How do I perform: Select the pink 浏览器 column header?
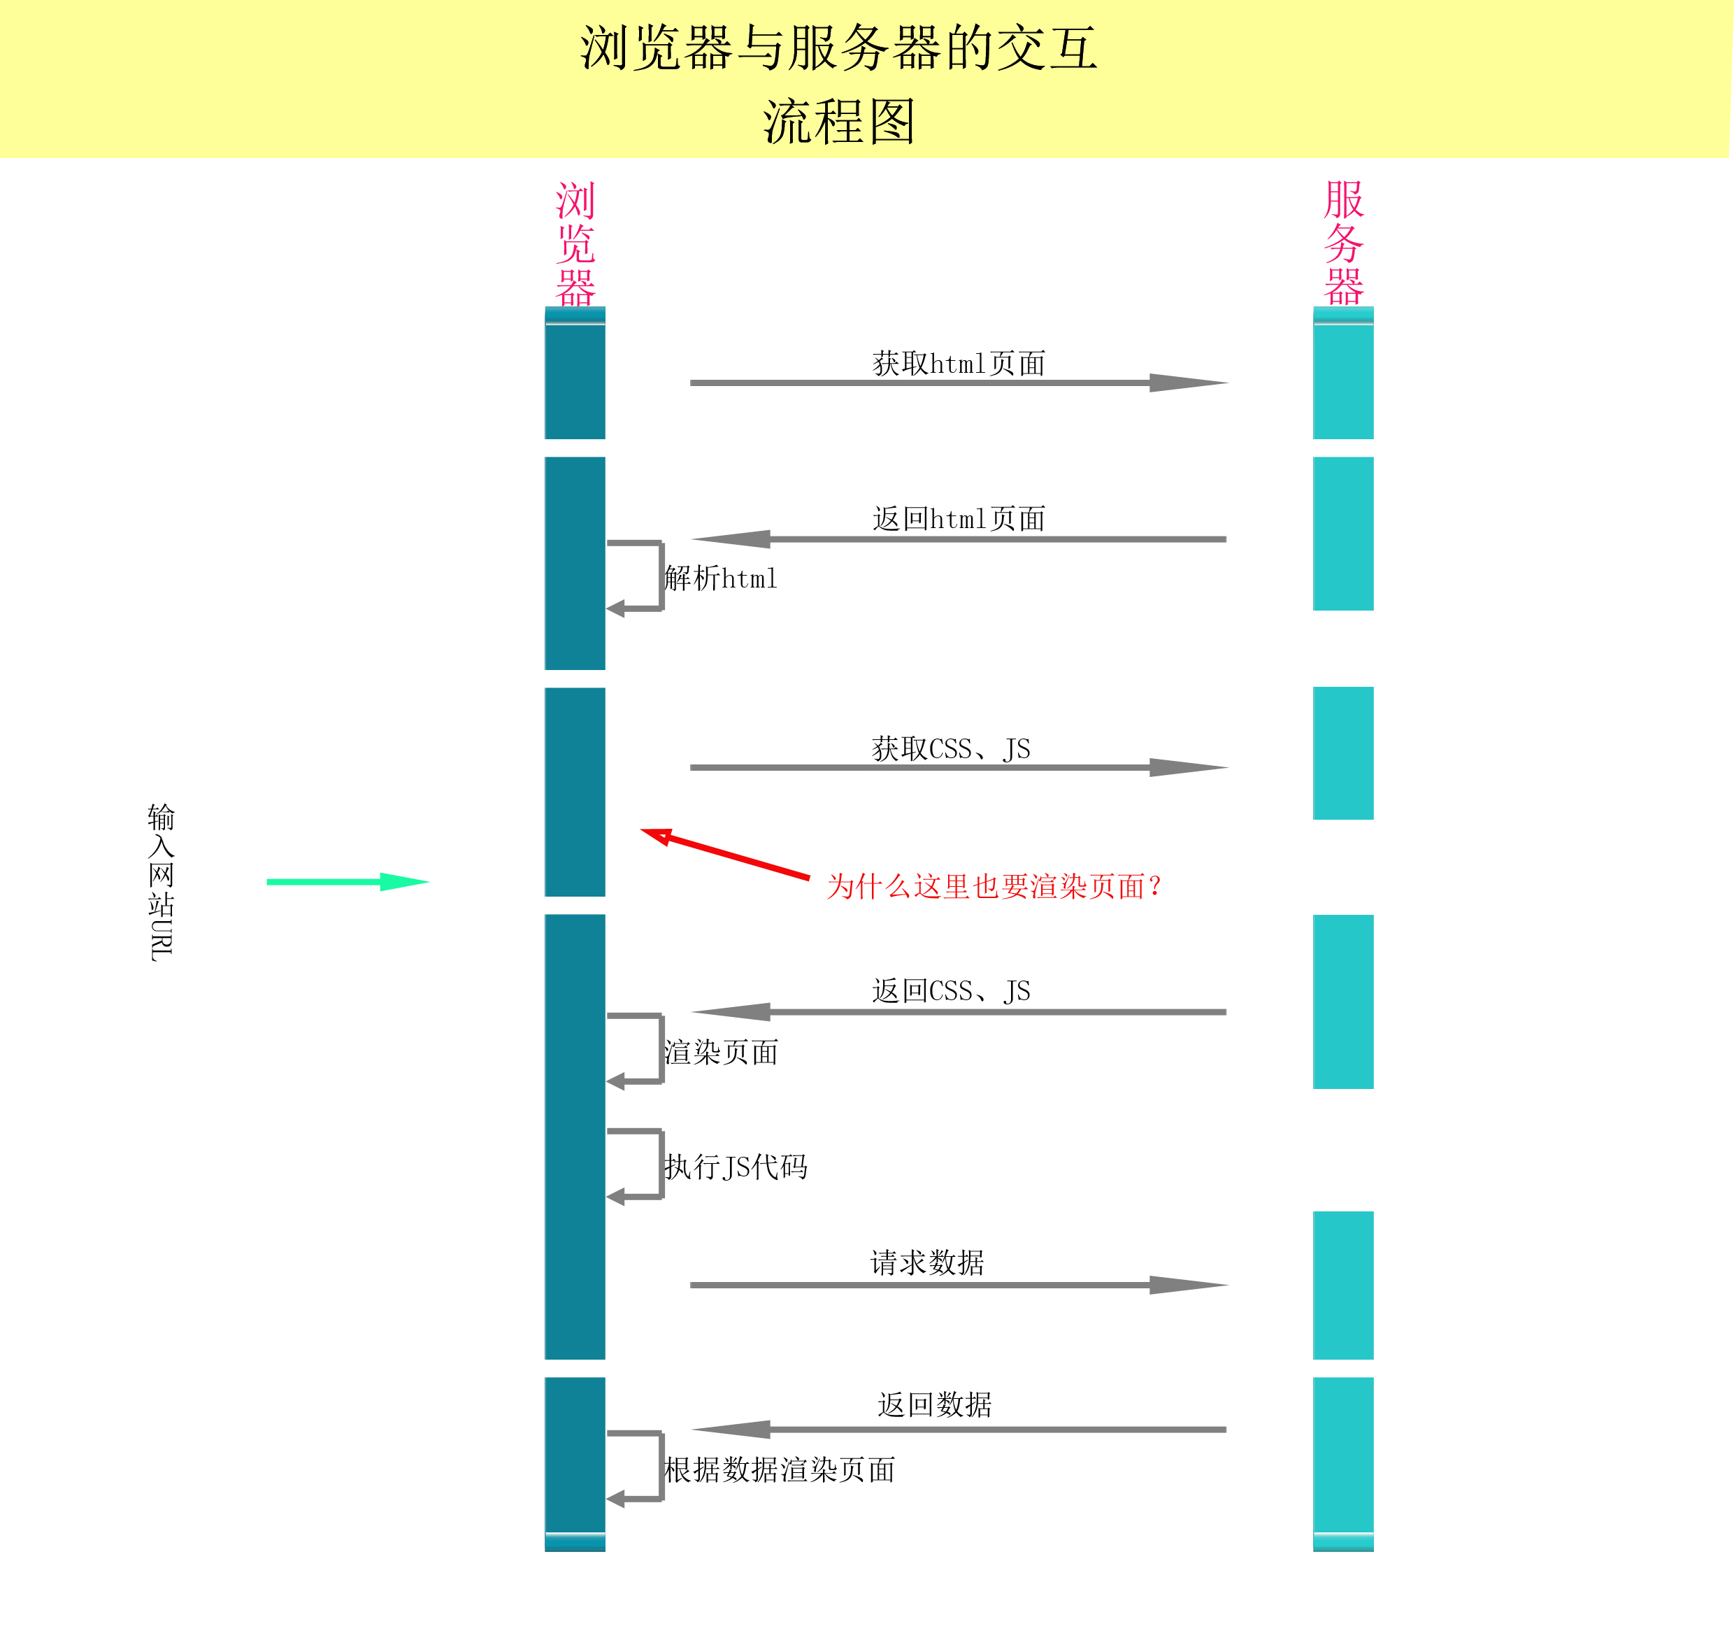coord(575,244)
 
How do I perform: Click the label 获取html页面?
coord(959,363)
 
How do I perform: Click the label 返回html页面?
coord(959,519)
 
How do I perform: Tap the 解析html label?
coord(721,578)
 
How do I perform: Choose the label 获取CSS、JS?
coord(951,748)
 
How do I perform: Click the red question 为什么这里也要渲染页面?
coord(995,886)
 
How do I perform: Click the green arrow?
coord(347,881)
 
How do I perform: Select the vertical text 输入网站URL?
coord(161,881)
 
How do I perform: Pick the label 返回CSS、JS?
coord(951,990)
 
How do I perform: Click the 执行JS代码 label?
coord(736,1167)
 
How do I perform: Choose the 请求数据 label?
coord(927,1262)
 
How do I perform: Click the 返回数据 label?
coord(934,1404)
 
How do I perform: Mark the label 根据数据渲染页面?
coord(779,1469)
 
